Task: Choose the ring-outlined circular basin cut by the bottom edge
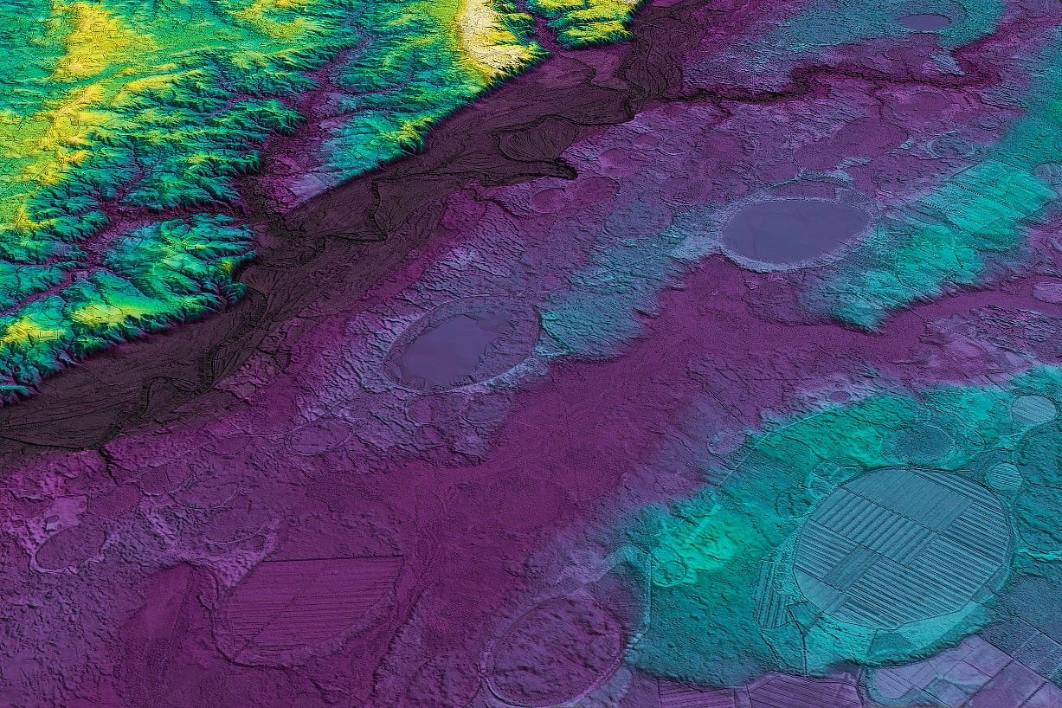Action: coord(554,649)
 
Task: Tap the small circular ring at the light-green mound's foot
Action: coord(667,570)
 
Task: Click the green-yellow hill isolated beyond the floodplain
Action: coord(589,19)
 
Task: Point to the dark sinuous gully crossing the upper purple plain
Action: coord(866,78)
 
